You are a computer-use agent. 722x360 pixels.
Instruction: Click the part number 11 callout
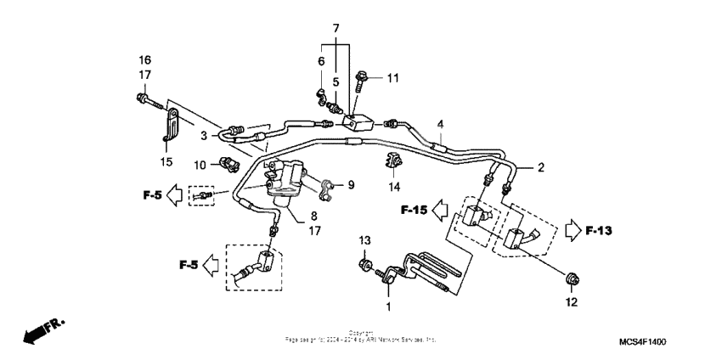click(x=392, y=79)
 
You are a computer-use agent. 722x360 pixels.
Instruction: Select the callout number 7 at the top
click(x=336, y=29)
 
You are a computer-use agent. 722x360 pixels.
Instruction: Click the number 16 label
click(x=145, y=59)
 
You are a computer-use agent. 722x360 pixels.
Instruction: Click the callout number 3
click(x=204, y=135)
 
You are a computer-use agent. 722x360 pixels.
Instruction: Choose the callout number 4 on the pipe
click(x=440, y=124)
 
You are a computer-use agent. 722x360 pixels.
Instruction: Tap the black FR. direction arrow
click(x=41, y=332)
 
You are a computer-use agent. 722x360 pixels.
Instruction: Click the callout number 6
click(x=321, y=61)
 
